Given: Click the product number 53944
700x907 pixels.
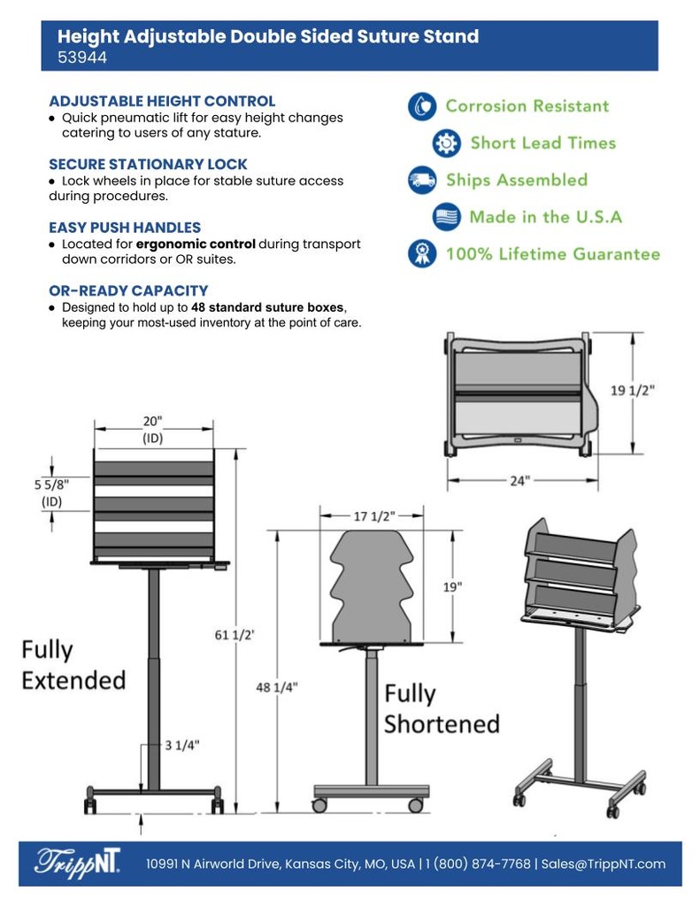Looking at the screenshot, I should (82, 58).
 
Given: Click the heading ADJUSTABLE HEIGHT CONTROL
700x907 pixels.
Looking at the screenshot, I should (162, 101).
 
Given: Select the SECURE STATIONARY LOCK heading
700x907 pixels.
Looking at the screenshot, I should (148, 164).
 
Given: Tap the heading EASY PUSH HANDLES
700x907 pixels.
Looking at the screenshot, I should (125, 227).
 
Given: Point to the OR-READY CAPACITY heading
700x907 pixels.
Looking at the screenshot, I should (128, 290).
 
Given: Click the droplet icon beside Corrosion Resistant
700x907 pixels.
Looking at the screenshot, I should (422, 106).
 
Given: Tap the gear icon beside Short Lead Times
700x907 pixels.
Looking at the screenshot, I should (447, 143).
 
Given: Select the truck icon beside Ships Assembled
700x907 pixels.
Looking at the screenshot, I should (422, 180).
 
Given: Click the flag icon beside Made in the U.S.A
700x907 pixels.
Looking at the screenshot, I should (447, 217).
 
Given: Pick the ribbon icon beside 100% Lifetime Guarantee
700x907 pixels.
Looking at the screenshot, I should (422, 254).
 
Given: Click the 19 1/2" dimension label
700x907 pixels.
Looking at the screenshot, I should (634, 390).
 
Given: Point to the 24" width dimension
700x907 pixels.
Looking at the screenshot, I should (519, 480).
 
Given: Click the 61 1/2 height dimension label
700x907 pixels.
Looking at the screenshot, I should (235, 634).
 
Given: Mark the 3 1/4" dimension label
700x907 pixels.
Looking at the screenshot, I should (181, 744).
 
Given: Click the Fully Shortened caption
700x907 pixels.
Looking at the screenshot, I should (441, 709).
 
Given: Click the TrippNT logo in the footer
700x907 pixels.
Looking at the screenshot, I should (78, 863).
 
